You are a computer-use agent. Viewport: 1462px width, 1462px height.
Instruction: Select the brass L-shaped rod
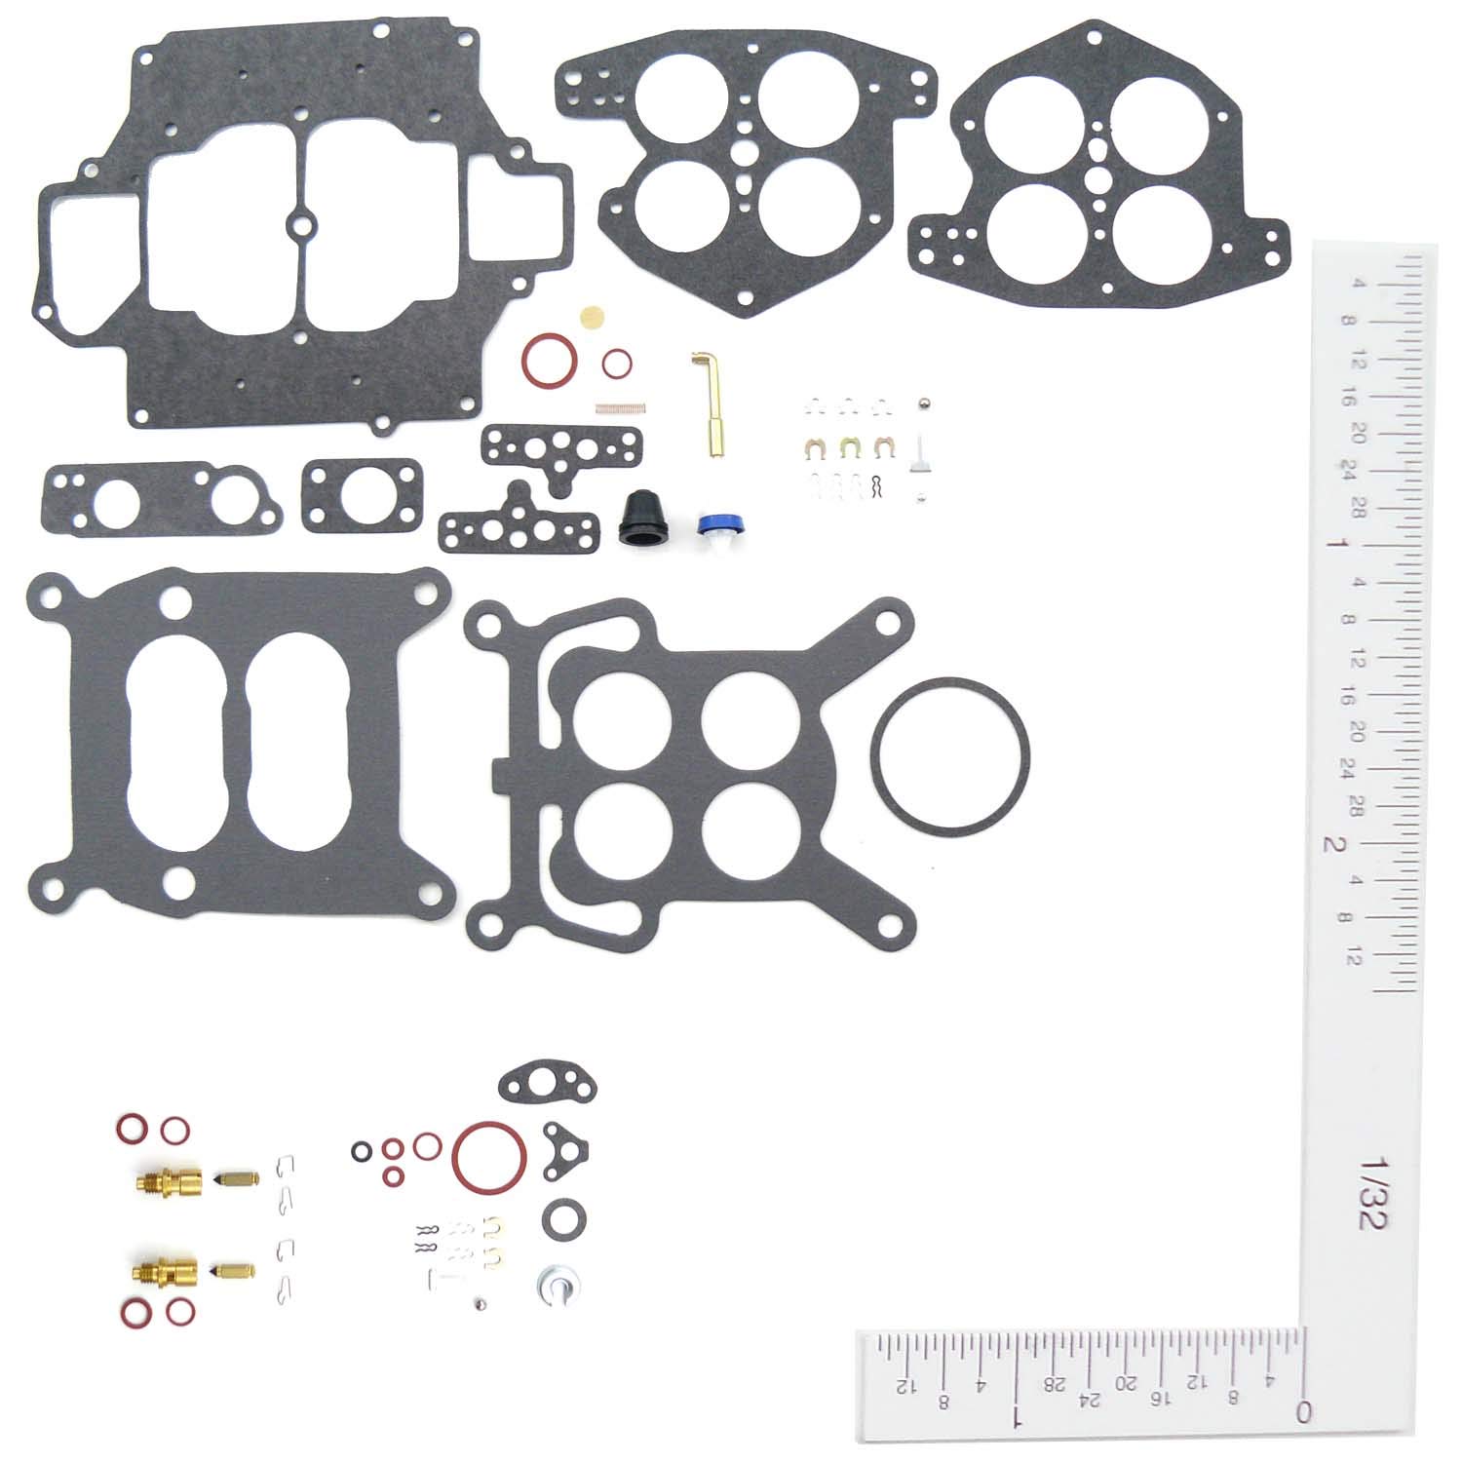[x=707, y=404]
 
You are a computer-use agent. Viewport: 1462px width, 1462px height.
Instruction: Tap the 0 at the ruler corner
[x=1302, y=1410]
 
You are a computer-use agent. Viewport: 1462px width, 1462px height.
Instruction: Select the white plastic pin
[x=920, y=452]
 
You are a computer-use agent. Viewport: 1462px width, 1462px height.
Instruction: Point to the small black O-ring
[x=362, y=1152]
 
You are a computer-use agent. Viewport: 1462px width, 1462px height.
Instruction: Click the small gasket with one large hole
[x=362, y=497]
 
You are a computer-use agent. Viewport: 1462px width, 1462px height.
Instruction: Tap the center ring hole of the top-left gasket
[x=301, y=226]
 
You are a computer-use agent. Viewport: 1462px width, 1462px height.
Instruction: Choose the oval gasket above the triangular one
[x=546, y=1081]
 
